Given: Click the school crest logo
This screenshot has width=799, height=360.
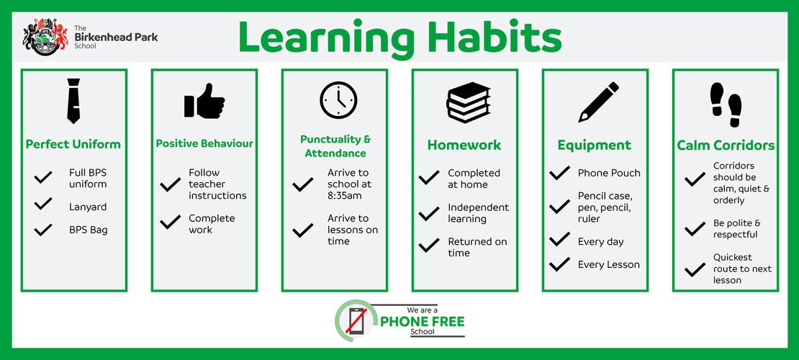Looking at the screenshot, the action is tap(45, 37).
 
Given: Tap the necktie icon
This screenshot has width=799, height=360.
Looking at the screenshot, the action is tap(73, 101).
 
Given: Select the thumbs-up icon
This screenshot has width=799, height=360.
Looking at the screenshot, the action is tap(204, 101).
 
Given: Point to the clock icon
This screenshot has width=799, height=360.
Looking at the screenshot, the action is tap(338, 101).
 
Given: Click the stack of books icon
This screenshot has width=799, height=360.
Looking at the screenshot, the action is tap(469, 102).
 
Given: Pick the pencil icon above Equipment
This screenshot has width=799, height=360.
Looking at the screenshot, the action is tap(599, 102).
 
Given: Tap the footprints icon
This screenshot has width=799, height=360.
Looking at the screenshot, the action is tap(726, 104).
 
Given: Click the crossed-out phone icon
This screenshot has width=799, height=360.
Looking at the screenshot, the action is tap(356, 320).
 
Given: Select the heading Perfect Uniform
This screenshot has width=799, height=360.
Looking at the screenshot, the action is tap(73, 144).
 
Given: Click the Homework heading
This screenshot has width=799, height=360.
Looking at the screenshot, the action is tap(464, 145).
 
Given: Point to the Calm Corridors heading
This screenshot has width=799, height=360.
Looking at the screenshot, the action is tap(726, 145).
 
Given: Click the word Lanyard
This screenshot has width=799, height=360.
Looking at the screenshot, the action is tap(88, 207).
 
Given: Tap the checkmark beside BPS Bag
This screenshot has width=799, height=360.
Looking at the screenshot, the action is tap(43, 230).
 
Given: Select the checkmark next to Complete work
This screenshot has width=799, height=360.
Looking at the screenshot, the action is tap(170, 222).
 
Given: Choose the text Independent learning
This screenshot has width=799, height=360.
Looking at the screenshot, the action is tap(478, 213).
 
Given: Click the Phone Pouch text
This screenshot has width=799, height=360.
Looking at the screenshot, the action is tap(609, 173).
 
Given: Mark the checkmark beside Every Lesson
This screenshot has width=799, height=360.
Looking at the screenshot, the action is tap(559, 264).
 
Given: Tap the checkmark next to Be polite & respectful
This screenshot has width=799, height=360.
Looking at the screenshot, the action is tap(695, 229).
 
